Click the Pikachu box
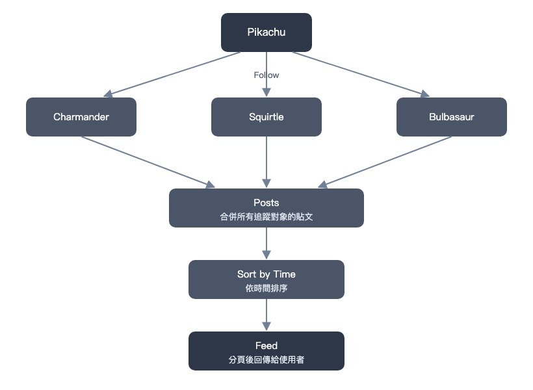[x=266, y=32]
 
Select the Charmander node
[x=81, y=117]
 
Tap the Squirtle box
[x=266, y=117]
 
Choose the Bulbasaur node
[x=451, y=117]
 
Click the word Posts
[x=266, y=203]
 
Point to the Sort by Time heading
[x=266, y=274]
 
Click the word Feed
[x=266, y=346]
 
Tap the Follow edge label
[x=266, y=75]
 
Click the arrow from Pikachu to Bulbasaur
[x=361, y=74]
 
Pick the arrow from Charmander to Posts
[x=148, y=162]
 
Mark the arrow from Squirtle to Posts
[x=266, y=162]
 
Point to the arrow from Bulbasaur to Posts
[x=385, y=162]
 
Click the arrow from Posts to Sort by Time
[x=266, y=243]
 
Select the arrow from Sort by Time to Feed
[x=266, y=315]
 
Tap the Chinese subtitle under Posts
[x=266, y=216]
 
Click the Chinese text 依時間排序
[x=266, y=289]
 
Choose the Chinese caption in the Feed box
[x=266, y=359]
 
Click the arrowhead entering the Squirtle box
[x=266, y=92]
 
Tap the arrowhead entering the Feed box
[x=266, y=327]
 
